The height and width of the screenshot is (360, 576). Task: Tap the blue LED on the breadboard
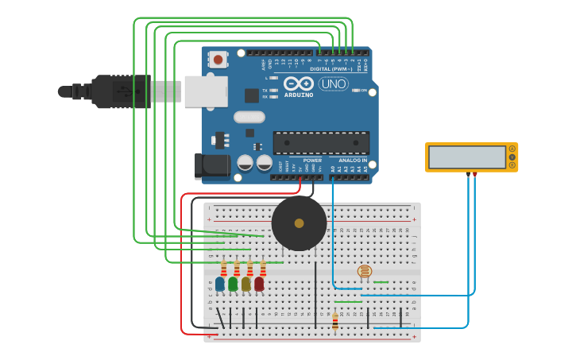(x=220, y=283)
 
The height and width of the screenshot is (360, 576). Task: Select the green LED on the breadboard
(x=233, y=283)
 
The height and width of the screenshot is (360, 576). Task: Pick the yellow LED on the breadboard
(x=246, y=283)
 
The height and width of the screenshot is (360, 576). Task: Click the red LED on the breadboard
(x=259, y=283)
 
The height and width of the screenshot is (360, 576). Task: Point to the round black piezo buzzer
(x=299, y=224)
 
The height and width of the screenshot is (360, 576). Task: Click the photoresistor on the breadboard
(x=365, y=271)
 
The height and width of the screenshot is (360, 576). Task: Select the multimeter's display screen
(x=466, y=157)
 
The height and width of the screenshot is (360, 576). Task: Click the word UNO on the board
(x=333, y=83)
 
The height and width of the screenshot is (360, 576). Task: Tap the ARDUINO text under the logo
(x=298, y=95)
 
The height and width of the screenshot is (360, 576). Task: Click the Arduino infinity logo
(x=298, y=83)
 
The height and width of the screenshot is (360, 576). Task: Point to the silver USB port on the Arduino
(x=206, y=91)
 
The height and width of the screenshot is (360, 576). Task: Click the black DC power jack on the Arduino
(x=211, y=165)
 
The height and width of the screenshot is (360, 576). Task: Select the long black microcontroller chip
(x=321, y=142)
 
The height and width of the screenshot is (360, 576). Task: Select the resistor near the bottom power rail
(x=335, y=321)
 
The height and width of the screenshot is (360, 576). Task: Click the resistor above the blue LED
(x=223, y=268)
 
